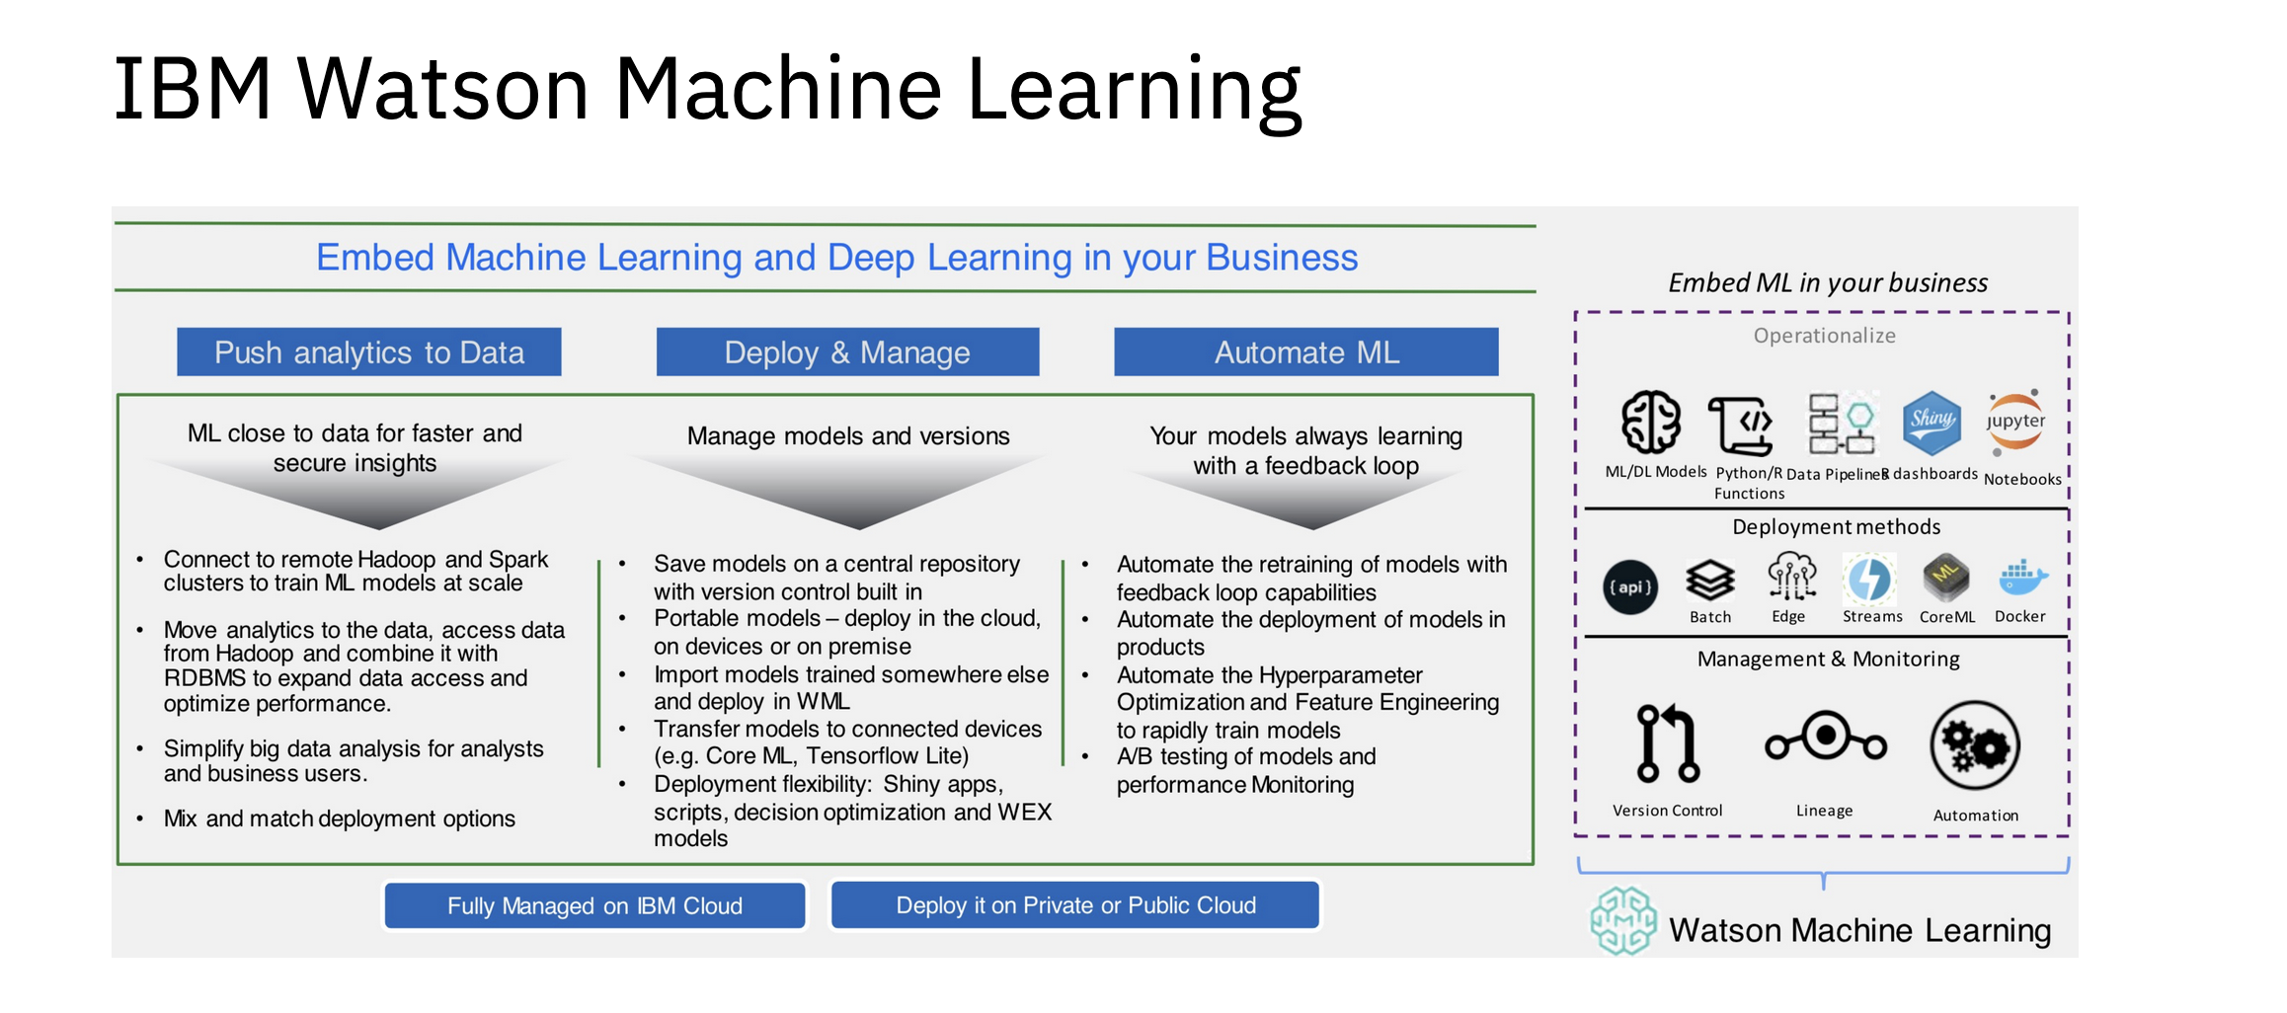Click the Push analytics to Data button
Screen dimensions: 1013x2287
click(x=368, y=352)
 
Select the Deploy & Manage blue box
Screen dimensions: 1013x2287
click(x=847, y=352)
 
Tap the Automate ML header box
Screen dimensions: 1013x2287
click(x=1305, y=352)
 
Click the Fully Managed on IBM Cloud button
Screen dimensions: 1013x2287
click(x=594, y=905)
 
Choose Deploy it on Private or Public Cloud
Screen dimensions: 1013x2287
click(x=1075, y=905)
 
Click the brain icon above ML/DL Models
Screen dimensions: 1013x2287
click(x=1651, y=423)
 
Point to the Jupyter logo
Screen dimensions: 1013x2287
click(x=2015, y=422)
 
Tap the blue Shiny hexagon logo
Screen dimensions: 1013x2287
click(x=1932, y=422)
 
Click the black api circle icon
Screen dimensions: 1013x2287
click(x=1630, y=587)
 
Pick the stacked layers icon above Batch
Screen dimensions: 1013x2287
click(x=1710, y=580)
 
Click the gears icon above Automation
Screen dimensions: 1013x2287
click(x=1975, y=746)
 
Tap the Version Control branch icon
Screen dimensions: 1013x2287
click(x=1667, y=742)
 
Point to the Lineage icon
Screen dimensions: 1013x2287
click(x=1826, y=739)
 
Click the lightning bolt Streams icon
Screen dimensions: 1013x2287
click(x=1869, y=579)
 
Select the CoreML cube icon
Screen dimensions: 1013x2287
click(x=1945, y=578)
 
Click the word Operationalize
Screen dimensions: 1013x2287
click(x=1824, y=336)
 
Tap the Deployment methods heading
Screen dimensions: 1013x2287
click(x=1836, y=527)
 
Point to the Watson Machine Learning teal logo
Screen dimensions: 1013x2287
click(x=1623, y=920)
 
